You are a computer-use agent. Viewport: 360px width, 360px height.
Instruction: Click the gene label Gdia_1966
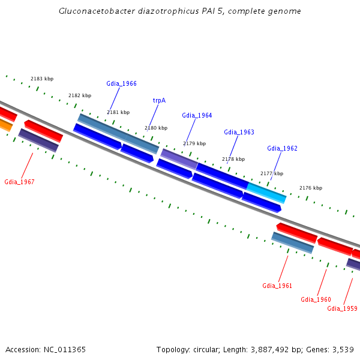point(121,83)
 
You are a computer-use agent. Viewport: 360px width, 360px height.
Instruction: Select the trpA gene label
point(159,100)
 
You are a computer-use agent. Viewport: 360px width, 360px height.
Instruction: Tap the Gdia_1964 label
point(197,115)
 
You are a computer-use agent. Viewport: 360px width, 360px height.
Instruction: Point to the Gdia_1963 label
point(239,132)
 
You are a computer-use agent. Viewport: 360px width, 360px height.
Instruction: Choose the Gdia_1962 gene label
point(282,148)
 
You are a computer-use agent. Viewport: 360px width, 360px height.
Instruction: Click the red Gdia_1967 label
point(19,182)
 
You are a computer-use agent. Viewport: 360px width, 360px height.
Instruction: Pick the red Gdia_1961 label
point(277,286)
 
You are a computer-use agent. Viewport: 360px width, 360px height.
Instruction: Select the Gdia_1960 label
point(316,299)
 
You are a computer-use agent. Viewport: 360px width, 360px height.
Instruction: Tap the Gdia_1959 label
point(342,308)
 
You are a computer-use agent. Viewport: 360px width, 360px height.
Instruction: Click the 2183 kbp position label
point(42,79)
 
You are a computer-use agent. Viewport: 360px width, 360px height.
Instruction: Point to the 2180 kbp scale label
point(156,128)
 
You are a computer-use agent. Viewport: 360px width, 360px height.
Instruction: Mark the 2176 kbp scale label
point(311,188)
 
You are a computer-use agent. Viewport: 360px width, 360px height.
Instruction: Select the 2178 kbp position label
point(233,159)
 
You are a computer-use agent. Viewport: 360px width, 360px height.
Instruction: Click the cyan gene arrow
point(266,192)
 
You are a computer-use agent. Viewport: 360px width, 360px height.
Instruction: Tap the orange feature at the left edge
point(5,125)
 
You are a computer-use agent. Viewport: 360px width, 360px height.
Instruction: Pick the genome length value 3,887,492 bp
point(272,349)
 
